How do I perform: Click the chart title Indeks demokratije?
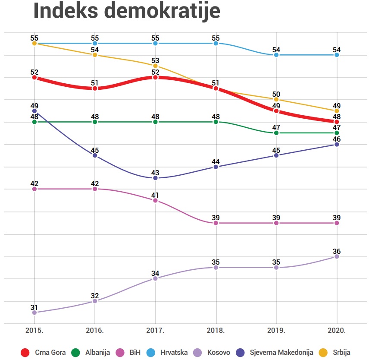tap(127, 12)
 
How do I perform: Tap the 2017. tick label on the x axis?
tap(155, 330)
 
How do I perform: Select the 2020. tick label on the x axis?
tap(337, 330)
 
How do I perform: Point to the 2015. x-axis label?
tap(34, 330)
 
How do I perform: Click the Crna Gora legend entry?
tap(44, 352)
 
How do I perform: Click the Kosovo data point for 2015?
tap(34, 313)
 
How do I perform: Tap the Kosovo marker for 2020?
tap(337, 256)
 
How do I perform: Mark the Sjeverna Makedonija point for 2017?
tap(155, 178)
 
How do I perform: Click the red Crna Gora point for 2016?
tap(95, 88)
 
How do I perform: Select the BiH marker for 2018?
tap(216, 223)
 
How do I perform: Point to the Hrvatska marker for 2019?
tap(276, 55)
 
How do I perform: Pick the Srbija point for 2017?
tap(155, 66)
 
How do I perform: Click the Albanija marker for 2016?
tap(95, 122)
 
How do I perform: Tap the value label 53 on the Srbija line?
tap(155, 60)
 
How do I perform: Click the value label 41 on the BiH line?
tap(155, 195)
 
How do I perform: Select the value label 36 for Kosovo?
tap(337, 251)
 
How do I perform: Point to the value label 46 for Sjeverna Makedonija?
tap(337, 139)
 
